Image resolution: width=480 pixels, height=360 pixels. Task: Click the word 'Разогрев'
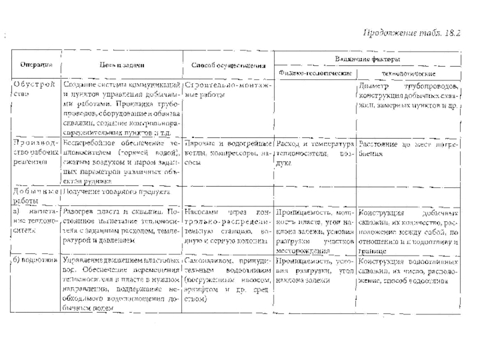tap(79, 214)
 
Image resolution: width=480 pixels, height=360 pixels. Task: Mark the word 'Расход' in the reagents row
tap(290, 144)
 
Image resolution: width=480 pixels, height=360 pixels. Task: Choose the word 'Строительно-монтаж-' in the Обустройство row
tap(227, 86)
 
